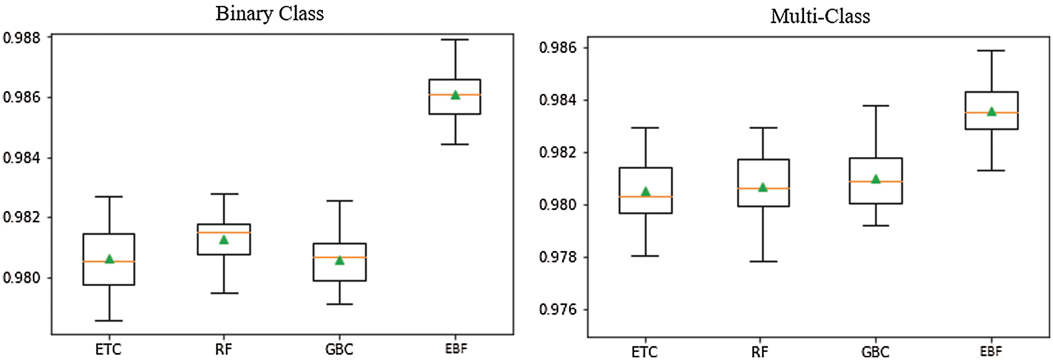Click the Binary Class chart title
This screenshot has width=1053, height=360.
269,14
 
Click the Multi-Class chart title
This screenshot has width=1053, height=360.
820,17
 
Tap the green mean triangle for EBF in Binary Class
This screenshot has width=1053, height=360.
455,95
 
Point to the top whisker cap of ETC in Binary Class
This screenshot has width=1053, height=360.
109,196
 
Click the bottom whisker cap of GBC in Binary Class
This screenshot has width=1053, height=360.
339,304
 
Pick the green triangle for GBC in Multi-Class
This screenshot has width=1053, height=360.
876,179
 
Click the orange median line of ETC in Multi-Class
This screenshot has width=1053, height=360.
646,196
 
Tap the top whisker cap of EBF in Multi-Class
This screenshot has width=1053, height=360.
991,51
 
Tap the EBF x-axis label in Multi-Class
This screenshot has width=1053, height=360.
991,351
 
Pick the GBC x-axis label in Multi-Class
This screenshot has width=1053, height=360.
876,352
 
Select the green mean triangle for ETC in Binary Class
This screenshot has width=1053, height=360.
109,259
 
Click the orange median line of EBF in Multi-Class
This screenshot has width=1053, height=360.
991,112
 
